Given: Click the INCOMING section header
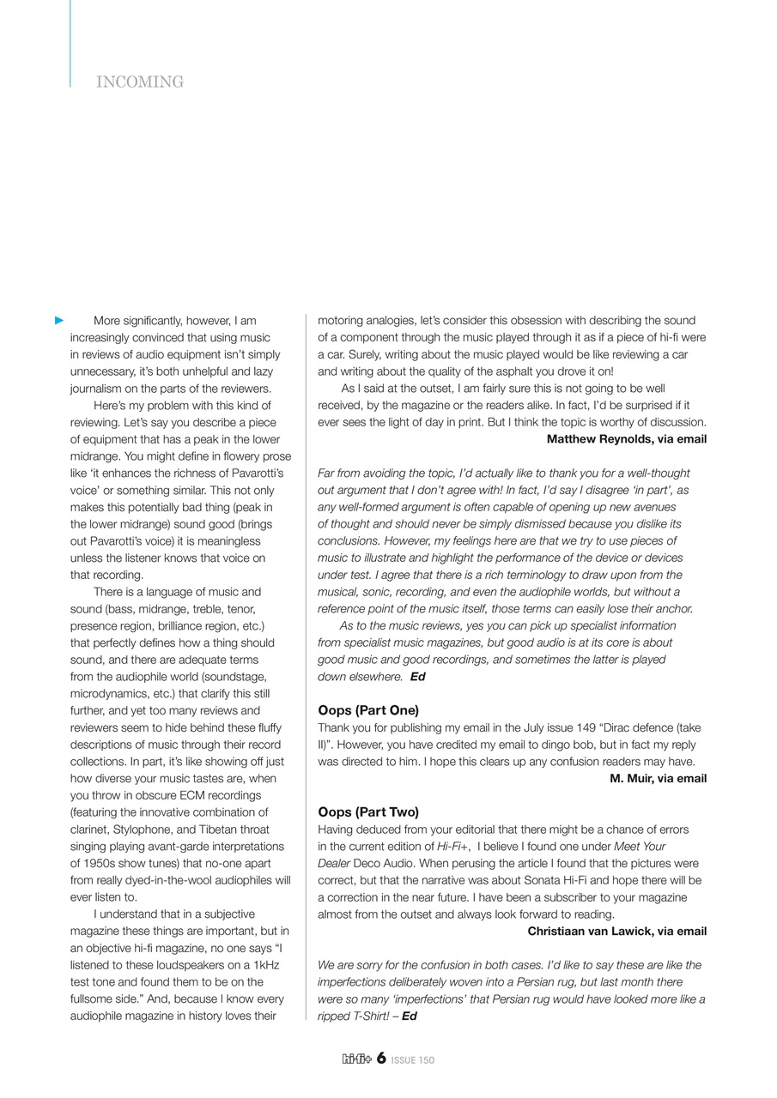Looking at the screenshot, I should tap(140, 82).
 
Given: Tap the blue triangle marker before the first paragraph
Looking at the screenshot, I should tap(59, 321).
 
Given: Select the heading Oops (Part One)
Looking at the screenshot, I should tap(368, 710).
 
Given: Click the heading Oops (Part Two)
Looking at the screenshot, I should tap(368, 812).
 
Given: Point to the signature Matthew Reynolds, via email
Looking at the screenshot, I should tap(627, 439).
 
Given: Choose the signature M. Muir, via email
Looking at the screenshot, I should tap(658, 779).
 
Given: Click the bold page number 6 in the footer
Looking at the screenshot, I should tap(380, 1059).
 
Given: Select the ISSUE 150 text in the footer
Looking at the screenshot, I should tap(413, 1060).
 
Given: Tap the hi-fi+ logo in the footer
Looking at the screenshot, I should tap(356, 1059).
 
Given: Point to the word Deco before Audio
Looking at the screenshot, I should tap(367, 864).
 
